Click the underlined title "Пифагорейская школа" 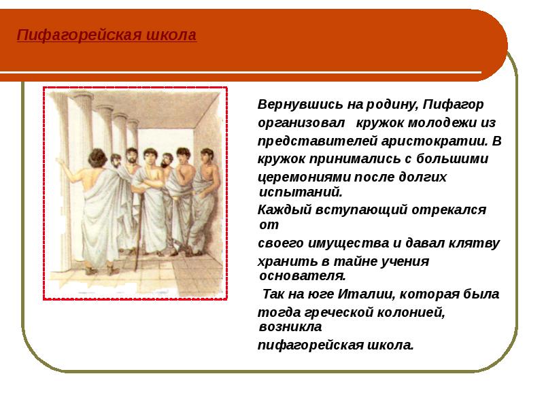[106, 35]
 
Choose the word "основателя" [303, 276]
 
